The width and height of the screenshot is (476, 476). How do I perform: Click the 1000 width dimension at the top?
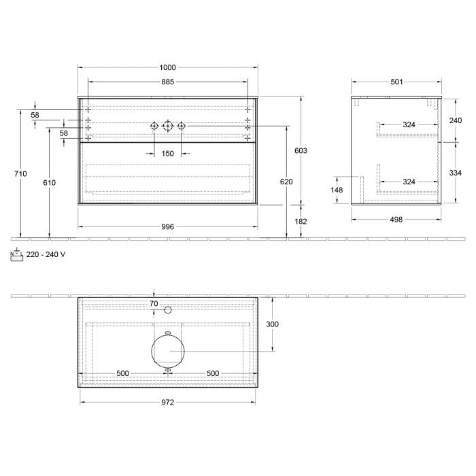(168, 67)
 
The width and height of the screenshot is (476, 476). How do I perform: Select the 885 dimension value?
(168, 82)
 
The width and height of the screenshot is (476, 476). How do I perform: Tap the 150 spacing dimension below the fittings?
(168, 153)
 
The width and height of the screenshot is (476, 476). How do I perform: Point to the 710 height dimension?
(21, 174)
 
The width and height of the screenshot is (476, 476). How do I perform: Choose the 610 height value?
(49, 183)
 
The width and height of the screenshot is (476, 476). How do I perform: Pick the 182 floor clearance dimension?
(301, 222)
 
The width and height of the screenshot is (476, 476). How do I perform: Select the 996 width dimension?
(168, 226)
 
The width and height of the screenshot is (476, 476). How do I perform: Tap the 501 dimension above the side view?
(396, 82)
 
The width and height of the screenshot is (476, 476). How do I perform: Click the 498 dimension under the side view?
(396, 220)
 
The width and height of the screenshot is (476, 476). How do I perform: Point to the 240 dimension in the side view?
(455, 120)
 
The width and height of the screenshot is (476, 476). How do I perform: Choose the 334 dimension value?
(455, 173)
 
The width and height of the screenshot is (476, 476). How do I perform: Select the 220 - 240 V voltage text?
(46, 254)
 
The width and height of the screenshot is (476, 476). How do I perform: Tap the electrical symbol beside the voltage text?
(17, 254)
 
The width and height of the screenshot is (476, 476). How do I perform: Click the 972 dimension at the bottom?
(168, 403)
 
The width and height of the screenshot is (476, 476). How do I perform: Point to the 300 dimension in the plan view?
(272, 324)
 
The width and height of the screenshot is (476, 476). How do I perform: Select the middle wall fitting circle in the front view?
(168, 126)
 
